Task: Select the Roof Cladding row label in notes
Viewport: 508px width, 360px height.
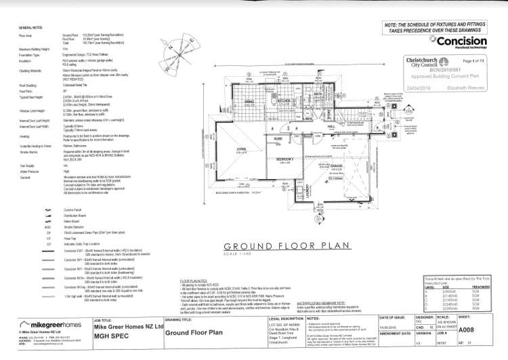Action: (x=35, y=85)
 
